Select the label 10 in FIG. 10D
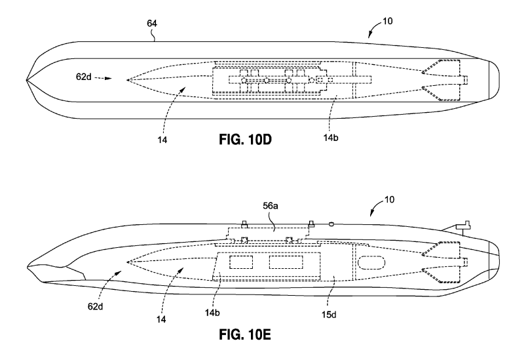coord(388,20)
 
